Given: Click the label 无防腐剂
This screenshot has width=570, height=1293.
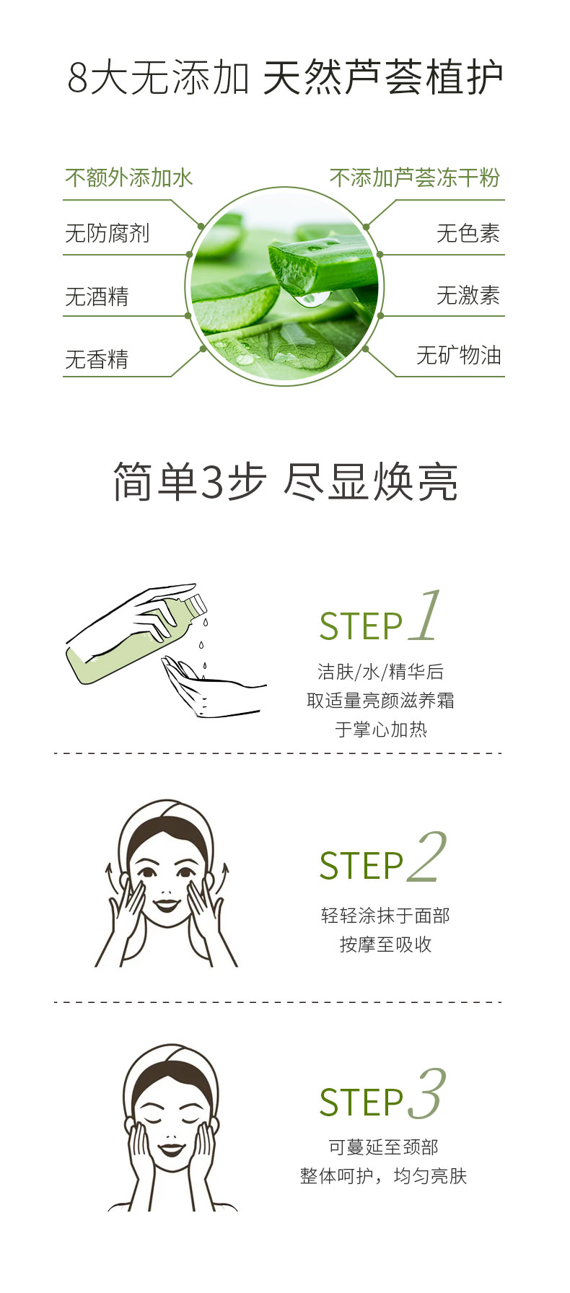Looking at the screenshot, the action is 108,233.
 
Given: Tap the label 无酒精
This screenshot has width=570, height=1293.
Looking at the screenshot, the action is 97,297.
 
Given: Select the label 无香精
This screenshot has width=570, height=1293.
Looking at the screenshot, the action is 97,359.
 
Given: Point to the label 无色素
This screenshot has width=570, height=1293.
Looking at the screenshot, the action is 468,233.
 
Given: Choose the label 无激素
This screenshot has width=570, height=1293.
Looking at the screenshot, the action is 468,295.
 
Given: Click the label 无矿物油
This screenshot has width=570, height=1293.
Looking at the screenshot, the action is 459,355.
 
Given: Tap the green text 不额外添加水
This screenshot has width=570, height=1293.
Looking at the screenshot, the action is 129,177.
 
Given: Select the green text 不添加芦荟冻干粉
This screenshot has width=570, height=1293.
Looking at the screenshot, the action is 415,177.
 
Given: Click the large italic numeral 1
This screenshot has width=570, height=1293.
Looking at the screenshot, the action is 425,615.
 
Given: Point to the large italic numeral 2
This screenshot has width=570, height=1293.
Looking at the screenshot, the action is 426,856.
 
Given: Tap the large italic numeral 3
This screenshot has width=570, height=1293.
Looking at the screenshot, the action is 427,1094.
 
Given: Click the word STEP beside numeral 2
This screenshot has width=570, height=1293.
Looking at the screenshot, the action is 361,865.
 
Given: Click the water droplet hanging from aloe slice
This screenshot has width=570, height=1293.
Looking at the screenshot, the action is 311,298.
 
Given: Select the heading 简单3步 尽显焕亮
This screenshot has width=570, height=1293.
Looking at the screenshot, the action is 286,481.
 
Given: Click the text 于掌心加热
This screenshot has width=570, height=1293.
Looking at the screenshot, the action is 381,729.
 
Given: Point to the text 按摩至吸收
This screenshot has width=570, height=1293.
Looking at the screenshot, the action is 386,944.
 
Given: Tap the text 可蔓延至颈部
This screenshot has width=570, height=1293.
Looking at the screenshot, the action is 383,1147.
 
